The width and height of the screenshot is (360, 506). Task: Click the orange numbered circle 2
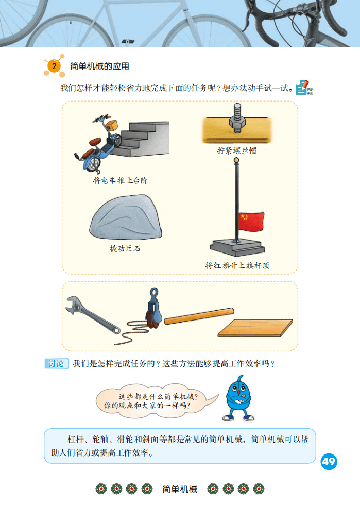54,66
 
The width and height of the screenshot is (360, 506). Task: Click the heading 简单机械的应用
100,66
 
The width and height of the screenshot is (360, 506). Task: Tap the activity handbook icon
304,88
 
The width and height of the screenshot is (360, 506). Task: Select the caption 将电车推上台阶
121,180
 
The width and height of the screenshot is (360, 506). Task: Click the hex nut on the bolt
237,122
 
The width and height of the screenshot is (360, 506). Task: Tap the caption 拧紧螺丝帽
237,150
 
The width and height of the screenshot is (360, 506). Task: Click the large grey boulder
126,217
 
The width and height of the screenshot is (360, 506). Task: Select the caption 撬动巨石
125,248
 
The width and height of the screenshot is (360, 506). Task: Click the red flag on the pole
251,222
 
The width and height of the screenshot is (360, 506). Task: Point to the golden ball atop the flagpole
236,160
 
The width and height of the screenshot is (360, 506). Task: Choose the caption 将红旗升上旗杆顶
237,265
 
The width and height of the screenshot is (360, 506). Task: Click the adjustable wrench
92,315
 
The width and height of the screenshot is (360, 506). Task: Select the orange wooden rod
199,316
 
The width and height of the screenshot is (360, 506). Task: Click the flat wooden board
255,328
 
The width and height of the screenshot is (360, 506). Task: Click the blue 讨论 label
56,364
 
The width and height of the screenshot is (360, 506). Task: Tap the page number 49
329,462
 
